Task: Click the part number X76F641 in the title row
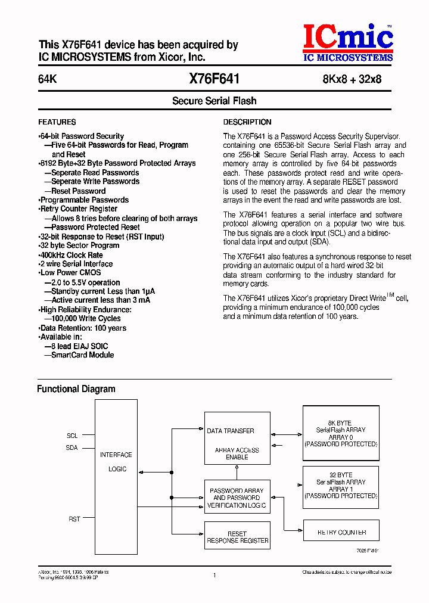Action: click(214, 79)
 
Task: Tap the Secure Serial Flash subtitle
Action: click(214, 101)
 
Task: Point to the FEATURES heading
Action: click(57, 122)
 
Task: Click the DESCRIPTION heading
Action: click(247, 122)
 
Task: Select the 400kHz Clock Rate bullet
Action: click(71, 255)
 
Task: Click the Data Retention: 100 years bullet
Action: click(83, 328)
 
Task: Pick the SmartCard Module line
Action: click(82, 355)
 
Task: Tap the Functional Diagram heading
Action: click(76, 389)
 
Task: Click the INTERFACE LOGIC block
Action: click(116, 462)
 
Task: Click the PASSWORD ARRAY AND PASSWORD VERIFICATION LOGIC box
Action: click(237, 498)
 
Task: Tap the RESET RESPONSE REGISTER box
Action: click(237, 537)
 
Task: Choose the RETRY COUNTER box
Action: click(341, 532)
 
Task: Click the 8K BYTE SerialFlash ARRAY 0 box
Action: click(341, 433)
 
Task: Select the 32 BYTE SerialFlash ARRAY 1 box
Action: click(341, 486)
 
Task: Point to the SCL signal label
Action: click(72, 436)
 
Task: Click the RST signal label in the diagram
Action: click(74, 520)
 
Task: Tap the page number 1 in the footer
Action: click(214, 576)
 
